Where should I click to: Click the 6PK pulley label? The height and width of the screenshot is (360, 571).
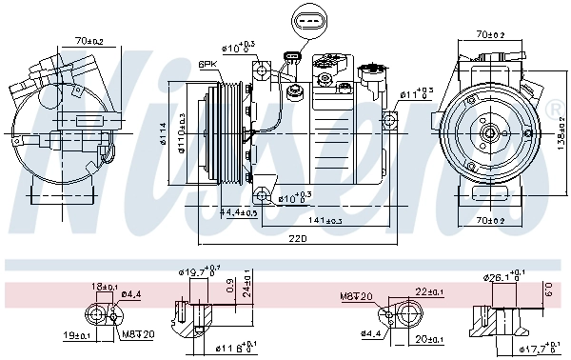[207, 64]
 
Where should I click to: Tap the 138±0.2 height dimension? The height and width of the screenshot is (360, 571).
[561, 132]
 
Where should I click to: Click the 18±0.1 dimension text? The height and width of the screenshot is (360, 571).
[105, 286]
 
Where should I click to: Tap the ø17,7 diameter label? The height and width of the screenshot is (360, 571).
[541, 348]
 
